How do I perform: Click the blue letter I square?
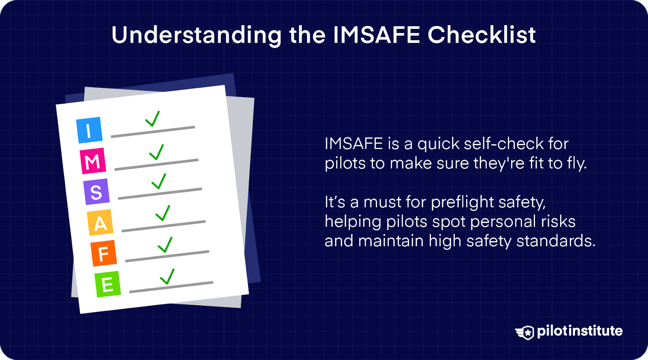[89, 130]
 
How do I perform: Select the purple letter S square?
[96, 192]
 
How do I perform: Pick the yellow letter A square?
[100, 223]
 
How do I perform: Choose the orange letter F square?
[104, 254]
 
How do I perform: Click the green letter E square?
[107, 284]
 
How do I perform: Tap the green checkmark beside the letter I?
[152, 119]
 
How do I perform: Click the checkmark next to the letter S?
[159, 181]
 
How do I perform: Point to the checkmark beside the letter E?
[167, 277]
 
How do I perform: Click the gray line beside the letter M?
[156, 164]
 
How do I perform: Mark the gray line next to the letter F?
[167, 256]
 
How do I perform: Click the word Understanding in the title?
[196, 35]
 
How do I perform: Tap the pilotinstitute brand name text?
[580, 331]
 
